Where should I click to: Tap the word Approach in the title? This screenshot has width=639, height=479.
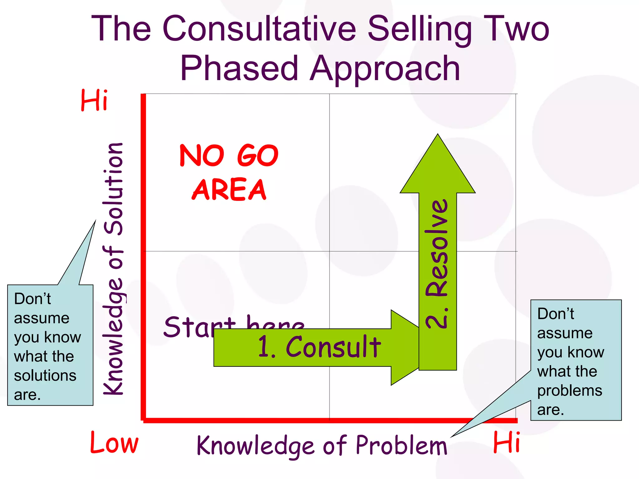385,69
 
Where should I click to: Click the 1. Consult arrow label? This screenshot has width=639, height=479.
319,347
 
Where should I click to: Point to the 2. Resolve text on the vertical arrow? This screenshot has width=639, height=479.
437,264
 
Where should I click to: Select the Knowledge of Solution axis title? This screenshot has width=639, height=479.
113,268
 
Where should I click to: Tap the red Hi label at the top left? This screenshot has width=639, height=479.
94,100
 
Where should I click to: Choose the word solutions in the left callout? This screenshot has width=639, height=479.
45,375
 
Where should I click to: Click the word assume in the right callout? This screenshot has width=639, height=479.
565,333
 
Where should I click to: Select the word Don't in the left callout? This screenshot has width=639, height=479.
32,299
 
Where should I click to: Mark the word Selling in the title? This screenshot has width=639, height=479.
420,30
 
